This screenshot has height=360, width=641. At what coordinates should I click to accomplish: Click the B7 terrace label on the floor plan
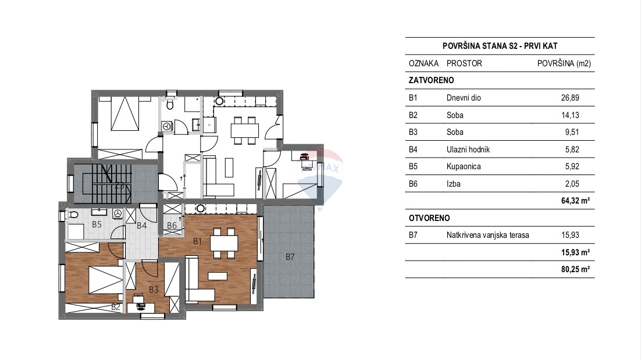pyautogui.click(x=290, y=257)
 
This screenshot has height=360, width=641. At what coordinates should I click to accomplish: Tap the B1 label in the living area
pyautogui.click(x=197, y=241)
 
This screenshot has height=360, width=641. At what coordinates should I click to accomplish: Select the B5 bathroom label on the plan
pyautogui.click(x=97, y=224)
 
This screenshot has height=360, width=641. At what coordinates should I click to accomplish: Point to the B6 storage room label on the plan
pyautogui.click(x=172, y=226)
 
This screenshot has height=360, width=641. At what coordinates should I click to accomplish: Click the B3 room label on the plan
pyautogui.click(x=154, y=290)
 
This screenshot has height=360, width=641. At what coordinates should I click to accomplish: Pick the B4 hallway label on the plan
pyautogui.click(x=141, y=226)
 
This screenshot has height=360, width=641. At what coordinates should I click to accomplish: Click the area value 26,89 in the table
pyautogui.click(x=570, y=98)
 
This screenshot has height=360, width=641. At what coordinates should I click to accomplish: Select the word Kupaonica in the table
pyautogui.click(x=464, y=166)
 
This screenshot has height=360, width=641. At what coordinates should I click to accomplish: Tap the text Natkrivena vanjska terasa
pyautogui.click(x=487, y=235)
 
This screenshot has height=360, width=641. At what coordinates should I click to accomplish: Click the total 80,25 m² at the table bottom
pyautogui.click(x=575, y=269)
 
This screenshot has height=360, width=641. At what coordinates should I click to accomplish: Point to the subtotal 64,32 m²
pyautogui.click(x=575, y=201)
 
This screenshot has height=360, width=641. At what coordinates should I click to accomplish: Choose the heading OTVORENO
pyautogui.click(x=429, y=218)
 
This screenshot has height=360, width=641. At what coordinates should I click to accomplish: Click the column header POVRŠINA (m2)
pyautogui.click(x=564, y=63)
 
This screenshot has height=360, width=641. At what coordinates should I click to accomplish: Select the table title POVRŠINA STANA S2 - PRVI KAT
pyautogui.click(x=500, y=46)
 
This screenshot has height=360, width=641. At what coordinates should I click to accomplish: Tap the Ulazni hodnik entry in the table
pyautogui.click(x=468, y=149)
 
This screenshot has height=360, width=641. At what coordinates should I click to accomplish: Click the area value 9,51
pyautogui.click(x=572, y=132)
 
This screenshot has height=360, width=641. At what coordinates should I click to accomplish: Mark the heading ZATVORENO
pyautogui.click(x=431, y=80)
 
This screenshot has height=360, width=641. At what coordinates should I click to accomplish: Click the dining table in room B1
pyautogui.click(x=224, y=244)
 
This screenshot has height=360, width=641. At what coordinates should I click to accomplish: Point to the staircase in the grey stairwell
pyautogui.click(x=107, y=183)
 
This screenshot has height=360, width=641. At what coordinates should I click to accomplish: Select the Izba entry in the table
pyautogui.click(x=453, y=184)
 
